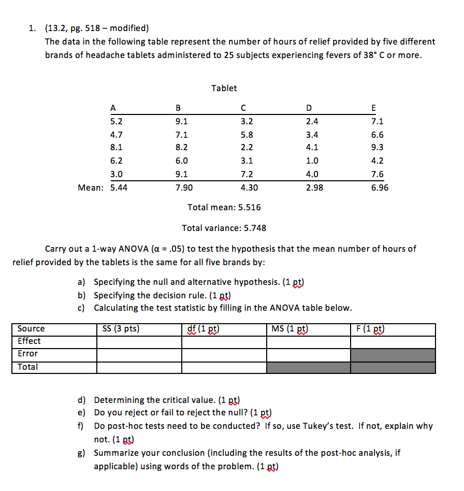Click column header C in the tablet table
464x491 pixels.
pos(242,108)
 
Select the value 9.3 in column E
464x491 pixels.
pos(377,148)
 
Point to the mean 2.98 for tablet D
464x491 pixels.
pos(314,188)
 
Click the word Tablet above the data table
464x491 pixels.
pos(224,88)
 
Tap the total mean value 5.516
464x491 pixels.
pos(249,207)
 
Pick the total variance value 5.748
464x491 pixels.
pos(251,228)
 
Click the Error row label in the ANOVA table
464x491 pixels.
pos(27,354)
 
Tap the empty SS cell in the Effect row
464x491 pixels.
pos(139,342)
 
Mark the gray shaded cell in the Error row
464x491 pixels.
pos(393,355)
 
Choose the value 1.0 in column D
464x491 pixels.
pos(312,161)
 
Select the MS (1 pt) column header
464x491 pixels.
pos(289,329)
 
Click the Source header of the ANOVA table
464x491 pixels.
pos(31,329)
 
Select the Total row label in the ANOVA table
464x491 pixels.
pos(27,367)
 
